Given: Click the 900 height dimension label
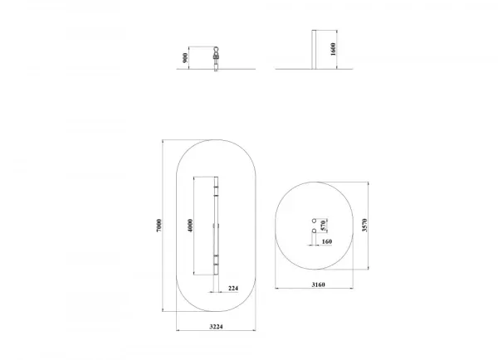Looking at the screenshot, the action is pyautogui.click(x=185, y=58).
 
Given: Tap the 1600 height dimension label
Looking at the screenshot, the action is pyautogui.click(x=333, y=49).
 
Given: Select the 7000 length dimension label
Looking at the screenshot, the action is pyautogui.click(x=159, y=226).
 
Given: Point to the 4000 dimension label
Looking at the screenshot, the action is pyautogui.click(x=190, y=226).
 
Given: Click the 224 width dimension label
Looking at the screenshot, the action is pyautogui.click(x=233, y=289).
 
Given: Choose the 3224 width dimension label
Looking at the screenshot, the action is pyautogui.click(x=216, y=326).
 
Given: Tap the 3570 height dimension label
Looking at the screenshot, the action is pyautogui.click(x=364, y=226).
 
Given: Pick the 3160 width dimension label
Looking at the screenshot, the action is pyautogui.click(x=318, y=285).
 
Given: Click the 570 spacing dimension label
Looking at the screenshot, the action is pyautogui.click(x=323, y=226).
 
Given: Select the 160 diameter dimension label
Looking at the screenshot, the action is pyautogui.click(x=327, y=241).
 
